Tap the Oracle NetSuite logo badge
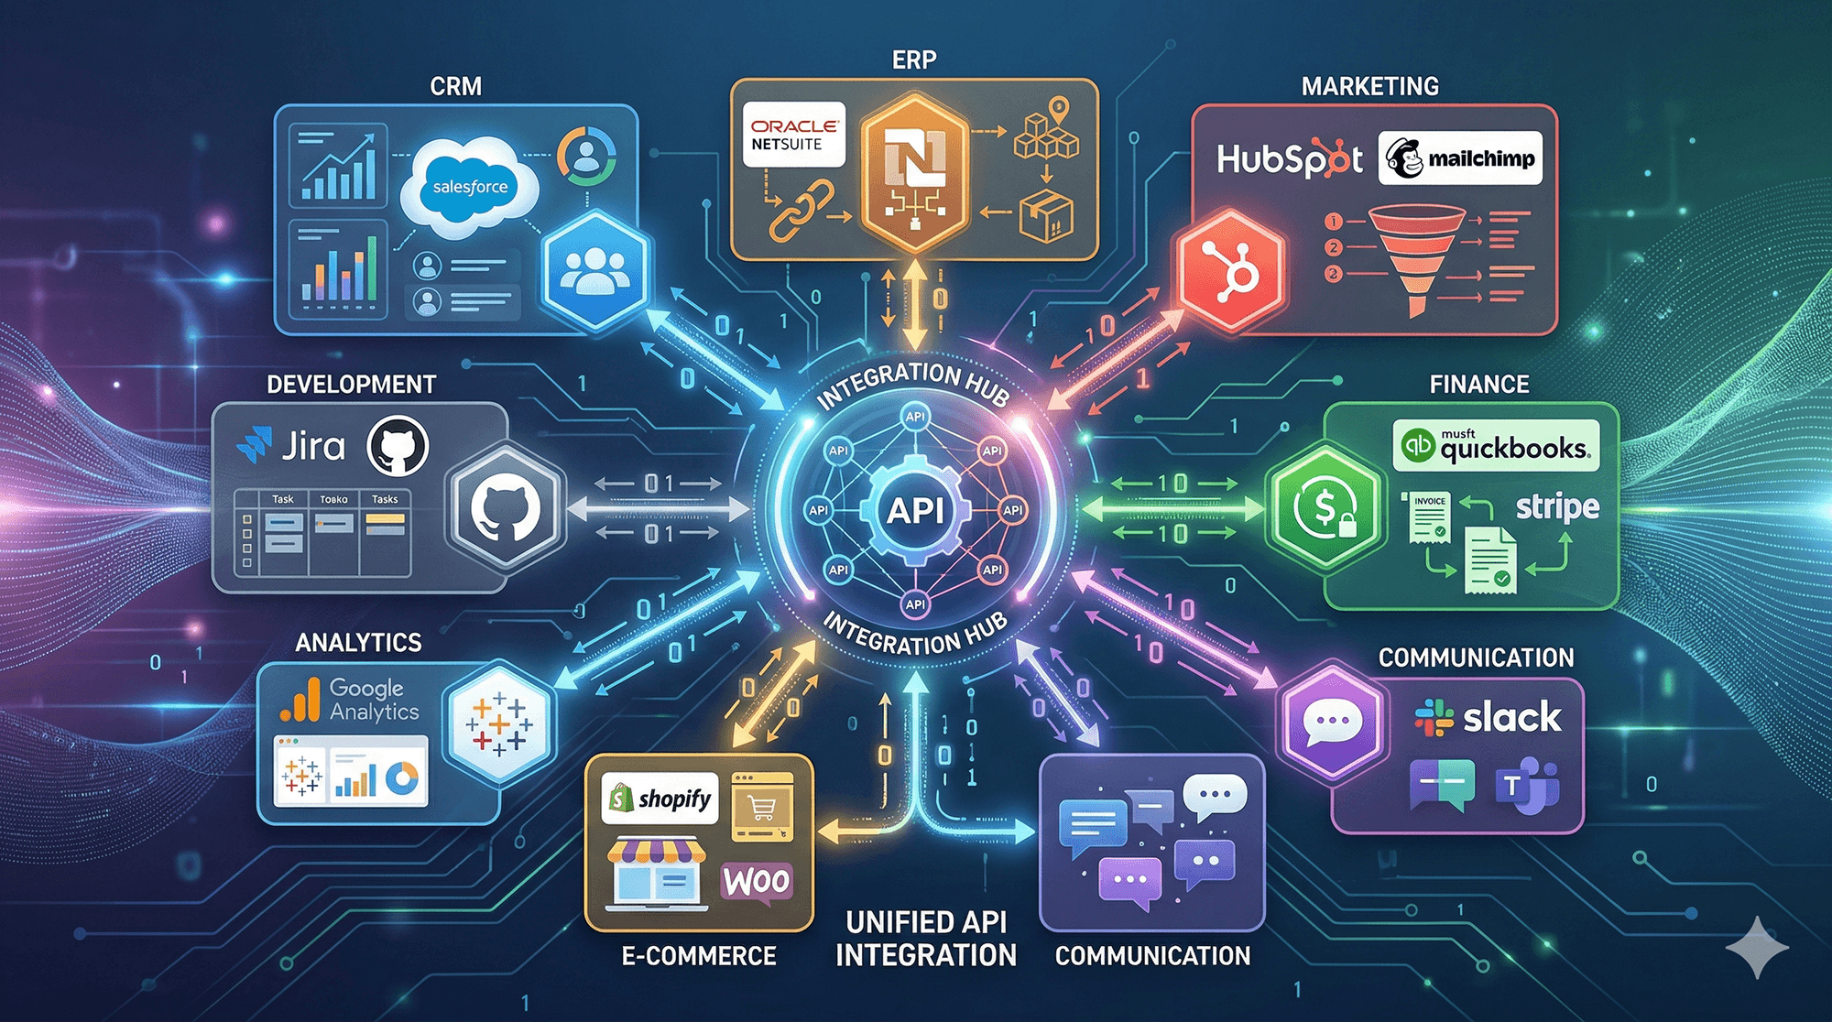coord(793,135)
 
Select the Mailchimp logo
coord(1460,158)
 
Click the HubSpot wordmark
coord(1289,159)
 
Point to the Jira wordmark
coord(312,446)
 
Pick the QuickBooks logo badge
coord(1496,446)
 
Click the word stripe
coord(1557,506)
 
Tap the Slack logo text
coord(1511,717)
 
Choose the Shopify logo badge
coord(660,799)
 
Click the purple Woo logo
coord(757,881)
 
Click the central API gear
coord(915,510)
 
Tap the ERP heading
coord(914,60)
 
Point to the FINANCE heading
coord(1479,385)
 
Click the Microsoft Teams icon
coord(1528,786)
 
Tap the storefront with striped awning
coord(657,875)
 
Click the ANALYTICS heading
coord(358,643)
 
